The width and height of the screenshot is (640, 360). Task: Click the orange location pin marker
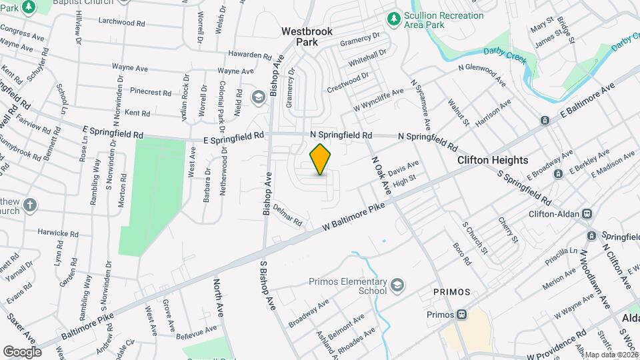tap(321, 159)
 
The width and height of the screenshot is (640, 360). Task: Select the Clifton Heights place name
tap(493, 161)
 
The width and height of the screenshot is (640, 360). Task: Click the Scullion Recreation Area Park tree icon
tap(394, 17)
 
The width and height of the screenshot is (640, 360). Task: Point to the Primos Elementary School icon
tap(397, 286)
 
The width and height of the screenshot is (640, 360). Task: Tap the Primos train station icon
tap(461, 315)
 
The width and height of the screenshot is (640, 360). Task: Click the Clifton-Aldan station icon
tap(587, 214)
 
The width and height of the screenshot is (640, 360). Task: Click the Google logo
tap(22, 351)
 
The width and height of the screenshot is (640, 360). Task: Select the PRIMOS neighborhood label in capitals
tap(451, 293)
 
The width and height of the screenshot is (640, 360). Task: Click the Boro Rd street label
tap(462, 253)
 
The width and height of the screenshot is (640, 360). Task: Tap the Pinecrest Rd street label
tap(151, 91)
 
